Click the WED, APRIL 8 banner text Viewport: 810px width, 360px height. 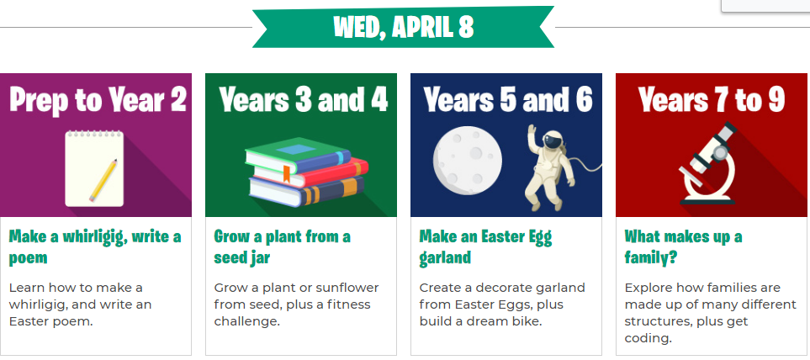(404, 27)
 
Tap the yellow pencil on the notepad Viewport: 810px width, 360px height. (103, 180)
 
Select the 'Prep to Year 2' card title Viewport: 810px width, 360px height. (97, 101)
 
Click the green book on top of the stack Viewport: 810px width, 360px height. (298, 155)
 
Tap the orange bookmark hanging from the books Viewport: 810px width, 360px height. (286, 173)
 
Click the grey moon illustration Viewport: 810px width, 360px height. (468, 161)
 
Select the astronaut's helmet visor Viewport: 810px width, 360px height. (551, 139)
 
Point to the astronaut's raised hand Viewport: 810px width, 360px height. (532, 130)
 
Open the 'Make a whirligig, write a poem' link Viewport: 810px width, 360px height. (95, 247)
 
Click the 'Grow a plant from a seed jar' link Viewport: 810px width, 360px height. (282, 247)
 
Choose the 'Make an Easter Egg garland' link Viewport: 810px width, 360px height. (485, 247)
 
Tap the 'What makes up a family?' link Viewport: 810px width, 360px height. (684, 247)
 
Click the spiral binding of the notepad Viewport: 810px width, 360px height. (94, 134)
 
